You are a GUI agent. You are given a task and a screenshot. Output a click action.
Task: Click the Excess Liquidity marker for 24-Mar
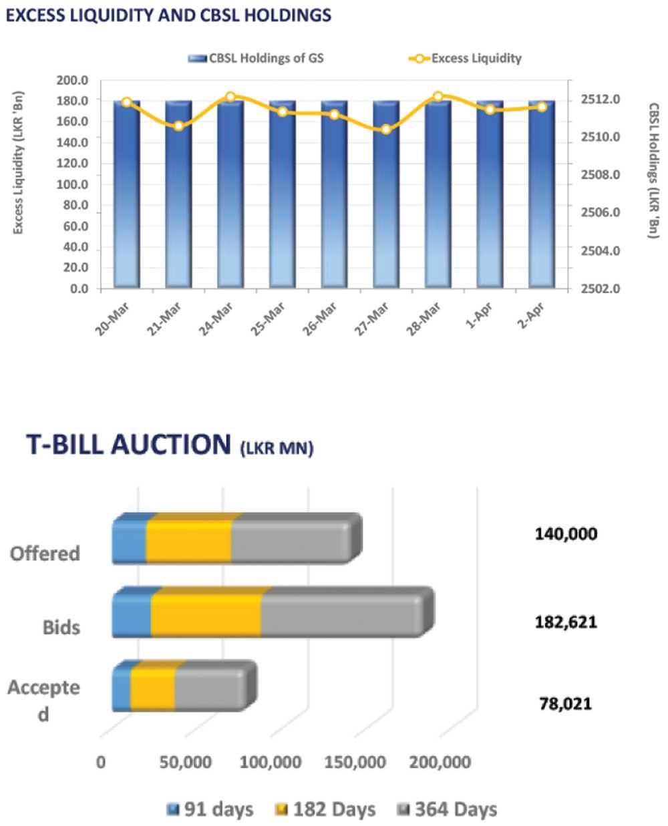230,97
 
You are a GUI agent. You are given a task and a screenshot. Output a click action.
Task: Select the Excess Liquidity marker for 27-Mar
386,129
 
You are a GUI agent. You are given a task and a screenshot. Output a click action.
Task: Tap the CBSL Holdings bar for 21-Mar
178,194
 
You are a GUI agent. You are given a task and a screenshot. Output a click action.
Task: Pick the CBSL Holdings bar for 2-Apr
541,194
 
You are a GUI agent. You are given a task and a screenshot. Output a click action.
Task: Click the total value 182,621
566,622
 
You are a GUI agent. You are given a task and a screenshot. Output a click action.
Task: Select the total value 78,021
565,703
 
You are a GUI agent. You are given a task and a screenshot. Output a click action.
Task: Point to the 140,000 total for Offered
566,534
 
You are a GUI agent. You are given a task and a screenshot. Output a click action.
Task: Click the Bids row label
61,628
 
